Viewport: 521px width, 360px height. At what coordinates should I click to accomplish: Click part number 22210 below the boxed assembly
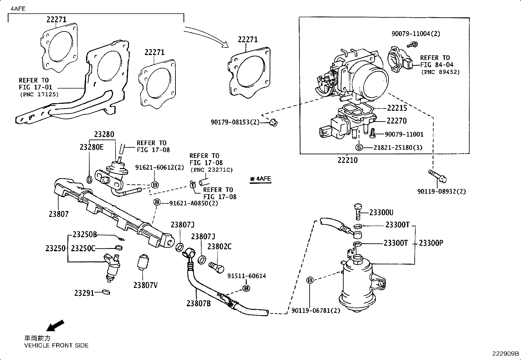(348, 160)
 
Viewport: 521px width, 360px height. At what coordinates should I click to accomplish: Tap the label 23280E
(91, 147)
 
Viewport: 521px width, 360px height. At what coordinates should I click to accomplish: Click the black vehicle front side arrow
(55, 326)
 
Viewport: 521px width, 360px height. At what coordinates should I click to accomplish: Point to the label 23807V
(145, 285)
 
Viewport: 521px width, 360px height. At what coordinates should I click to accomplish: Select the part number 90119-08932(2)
(441, 191)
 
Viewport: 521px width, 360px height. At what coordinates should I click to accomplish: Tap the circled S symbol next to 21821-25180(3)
(359, 147)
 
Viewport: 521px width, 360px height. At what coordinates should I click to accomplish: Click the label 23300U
(381, 213)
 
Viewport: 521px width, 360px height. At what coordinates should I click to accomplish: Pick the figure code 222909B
(506, 354)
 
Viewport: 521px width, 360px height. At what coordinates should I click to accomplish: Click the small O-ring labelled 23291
(106, 292)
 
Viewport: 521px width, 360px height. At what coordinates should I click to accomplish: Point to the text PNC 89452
(440, 72)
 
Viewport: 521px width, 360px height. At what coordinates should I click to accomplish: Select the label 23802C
(219, 247)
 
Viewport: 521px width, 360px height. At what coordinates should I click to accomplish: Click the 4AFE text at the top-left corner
(18, 9)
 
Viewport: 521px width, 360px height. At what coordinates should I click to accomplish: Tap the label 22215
(397, 108)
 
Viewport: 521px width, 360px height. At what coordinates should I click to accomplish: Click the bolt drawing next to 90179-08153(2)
(273, 123)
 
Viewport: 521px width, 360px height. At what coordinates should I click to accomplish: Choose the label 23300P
(431, 243)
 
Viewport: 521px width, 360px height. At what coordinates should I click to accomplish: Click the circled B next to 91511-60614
(246, 288)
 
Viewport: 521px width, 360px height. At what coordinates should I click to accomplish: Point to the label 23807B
(198, 304)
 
